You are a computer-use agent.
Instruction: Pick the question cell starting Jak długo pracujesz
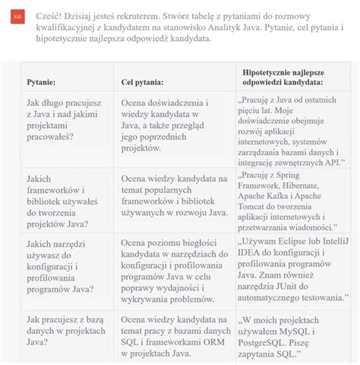tap(62, 122)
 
